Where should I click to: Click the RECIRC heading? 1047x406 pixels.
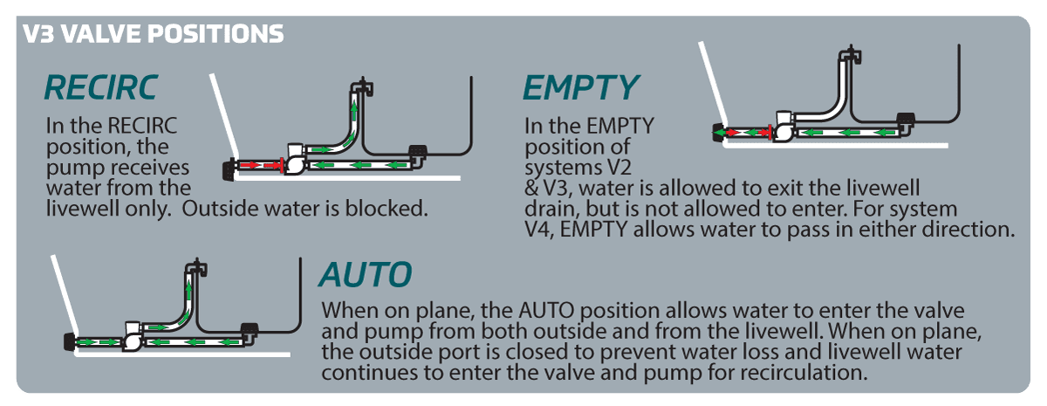coord(101,88)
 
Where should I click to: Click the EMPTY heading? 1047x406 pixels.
coord(580,88)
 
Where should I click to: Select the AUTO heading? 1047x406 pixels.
coord(366,274)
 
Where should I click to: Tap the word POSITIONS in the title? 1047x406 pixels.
coord(216,34)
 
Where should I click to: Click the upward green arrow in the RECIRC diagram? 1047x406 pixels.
coord(354,111)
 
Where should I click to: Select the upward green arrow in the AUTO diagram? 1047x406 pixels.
coord(188,290)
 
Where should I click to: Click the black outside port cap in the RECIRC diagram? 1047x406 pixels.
coord(229,169)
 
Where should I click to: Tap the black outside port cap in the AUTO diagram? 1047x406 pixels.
coord(69,342)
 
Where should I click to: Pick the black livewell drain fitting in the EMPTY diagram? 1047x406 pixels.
coord(906,119)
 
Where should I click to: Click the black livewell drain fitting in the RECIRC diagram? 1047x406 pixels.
coord(417,150)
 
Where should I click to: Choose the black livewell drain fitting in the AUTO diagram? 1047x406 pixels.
coord(250,328)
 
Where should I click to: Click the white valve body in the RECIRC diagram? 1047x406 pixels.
coord(295,160)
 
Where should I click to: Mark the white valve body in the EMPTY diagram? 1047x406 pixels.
coord(784,127)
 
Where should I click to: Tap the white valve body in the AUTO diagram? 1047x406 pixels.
coord(133,336)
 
